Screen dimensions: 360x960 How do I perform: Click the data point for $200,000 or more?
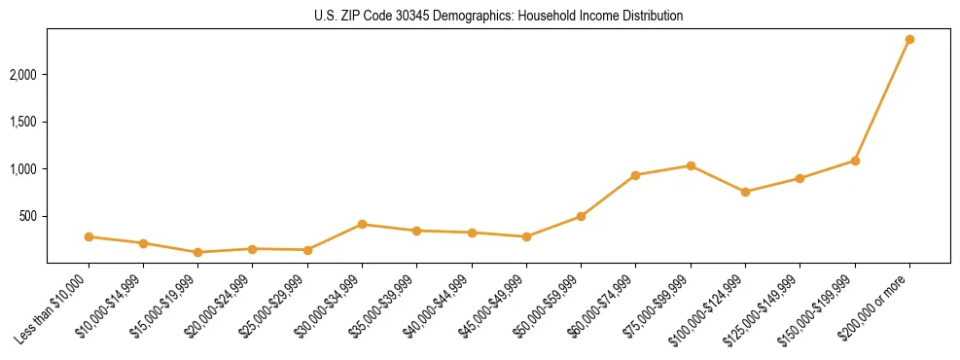(x=909, y=40)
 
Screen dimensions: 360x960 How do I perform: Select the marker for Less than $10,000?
(x=89, y=236)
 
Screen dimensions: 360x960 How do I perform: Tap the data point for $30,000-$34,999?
(x=362, y=225)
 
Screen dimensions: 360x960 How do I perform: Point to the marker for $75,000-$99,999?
(x=691, y=165)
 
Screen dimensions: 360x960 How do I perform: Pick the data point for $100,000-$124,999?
(x=745, y=192)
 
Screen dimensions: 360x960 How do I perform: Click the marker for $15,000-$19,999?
(x=198, y=252)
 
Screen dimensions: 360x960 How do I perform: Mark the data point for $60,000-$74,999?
(x=635, y=175)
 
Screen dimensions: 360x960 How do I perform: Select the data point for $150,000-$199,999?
(x=855, y=161)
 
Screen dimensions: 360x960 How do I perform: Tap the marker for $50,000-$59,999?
(x=581, y=216)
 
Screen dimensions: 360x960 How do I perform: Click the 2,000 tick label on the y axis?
(x=24, y=75)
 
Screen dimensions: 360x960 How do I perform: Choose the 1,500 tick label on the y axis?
(x=24, y=122)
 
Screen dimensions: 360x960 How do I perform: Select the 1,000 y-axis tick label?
(x=24, y=169)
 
